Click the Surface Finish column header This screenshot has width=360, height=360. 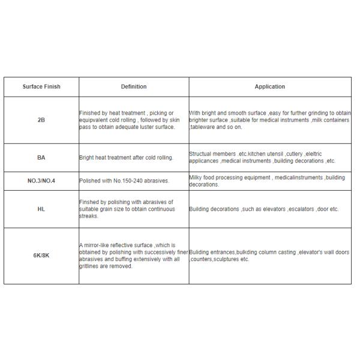[x=41, y=86]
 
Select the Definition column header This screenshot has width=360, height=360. [x=134, y=86]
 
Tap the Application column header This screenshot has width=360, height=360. [x=269, y=86]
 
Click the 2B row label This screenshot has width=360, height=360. [x=41, y=120]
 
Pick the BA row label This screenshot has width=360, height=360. [x=41, y=158]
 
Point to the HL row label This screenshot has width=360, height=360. [x=41, y=209]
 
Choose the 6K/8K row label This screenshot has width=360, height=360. [x=41, y=256]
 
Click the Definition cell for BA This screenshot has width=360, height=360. [x=126, y=158]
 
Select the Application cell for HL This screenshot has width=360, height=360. [x=264, y=209]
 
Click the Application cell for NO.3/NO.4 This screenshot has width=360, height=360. [x=267, y=181]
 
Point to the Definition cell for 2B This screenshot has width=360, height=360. [x=127, y=120]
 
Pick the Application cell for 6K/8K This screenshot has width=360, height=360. [x=269, y=256]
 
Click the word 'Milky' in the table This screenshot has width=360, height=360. [x=197, y=178]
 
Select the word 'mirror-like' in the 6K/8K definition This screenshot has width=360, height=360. [x=98, y=245]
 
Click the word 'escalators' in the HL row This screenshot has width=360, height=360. [x=302, y=209]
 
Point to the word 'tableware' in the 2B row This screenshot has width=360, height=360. [x=204, y=127]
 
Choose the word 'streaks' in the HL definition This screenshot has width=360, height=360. [x=88, y=217]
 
